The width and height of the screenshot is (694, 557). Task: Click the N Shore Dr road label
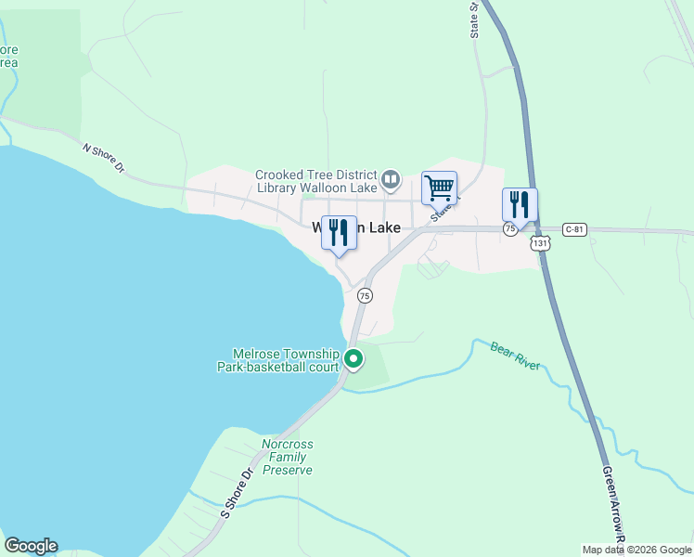pyautogui.click(x=104, y=158)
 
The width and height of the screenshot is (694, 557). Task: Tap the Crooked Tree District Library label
pyautogui.click(x=316, y=182)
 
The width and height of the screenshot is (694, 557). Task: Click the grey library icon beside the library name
pyautogui.click(x=392, y=178)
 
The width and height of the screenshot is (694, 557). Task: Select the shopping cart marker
pyautogui.click(x=439, y=188)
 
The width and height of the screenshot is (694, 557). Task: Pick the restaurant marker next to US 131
pyautogui.click(x=520, y=204)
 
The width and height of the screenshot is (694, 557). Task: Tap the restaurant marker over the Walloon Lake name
pyautogui.click(x=339, y=232)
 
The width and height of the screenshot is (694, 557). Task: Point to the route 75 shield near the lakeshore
pyautogui.click(x=365, y=295)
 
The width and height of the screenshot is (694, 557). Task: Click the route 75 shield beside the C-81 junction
pyautogui.click(x=510, y=228)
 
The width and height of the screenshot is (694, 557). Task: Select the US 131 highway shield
pyautogui.click(x=540, y=242)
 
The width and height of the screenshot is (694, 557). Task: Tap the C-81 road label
pyautogui.click(x=576, y=227)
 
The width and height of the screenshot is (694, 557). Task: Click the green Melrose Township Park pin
pyautogui.click(x=353, y=358)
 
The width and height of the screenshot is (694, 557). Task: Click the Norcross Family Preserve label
pyautogui.click(x=287, y=457)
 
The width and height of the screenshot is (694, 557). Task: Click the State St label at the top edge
pyautogui.click(x=474, y=19)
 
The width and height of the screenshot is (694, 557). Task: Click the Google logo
pyautogui.click(x=31, y=546)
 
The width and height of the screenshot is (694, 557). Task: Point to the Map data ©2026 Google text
pyautogui.click(x=636, y=549)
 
